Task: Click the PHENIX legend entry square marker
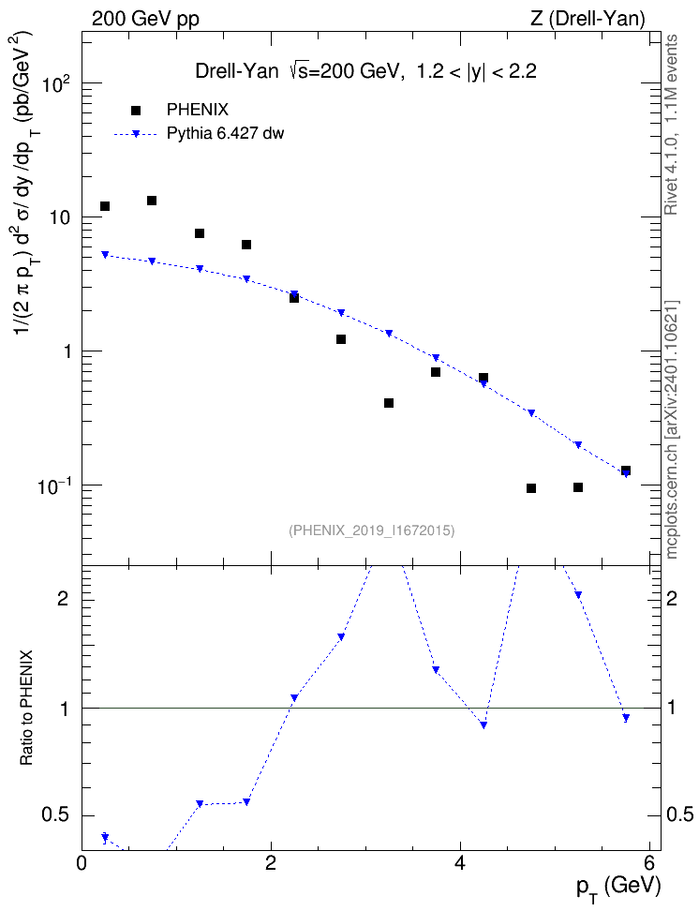click(x=135, y=110)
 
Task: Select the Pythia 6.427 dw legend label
click(x=226, y=134)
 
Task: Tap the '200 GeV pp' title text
click(x=145, y=19)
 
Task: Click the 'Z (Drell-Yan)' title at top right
click(x=587, y=19)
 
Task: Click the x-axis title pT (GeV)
click(x=618, y=889)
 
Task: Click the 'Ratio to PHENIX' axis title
click(x=26, y=707)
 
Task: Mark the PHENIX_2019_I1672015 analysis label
click(x=372, y=530)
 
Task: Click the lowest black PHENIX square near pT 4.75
click(x=531, y=488)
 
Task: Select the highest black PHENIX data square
click(x=152, y=201)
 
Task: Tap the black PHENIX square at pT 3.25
click(x=389, y=403)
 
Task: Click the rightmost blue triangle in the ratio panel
click(x=626, y=718)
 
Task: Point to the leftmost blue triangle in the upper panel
click(x=105, y=255)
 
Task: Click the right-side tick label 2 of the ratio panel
click(x=672, y=599)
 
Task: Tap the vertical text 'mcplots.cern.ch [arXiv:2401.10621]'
click(x=672, y=430)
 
